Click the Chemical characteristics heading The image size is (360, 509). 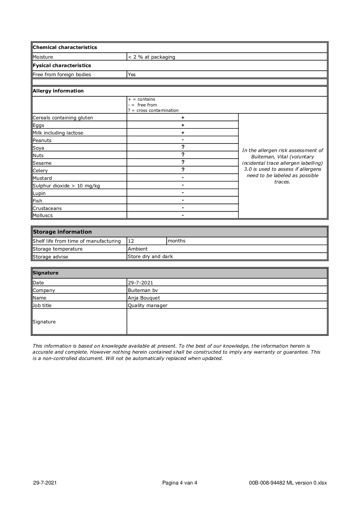click(65, 47)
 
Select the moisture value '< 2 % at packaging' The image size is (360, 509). click(151, 57)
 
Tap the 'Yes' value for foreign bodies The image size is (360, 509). click(132, 75)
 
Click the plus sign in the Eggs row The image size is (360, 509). click(183, 125)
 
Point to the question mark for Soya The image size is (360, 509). click(183, 148)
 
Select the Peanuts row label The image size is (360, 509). click(42, 141)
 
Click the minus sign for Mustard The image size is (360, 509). click(183, 178)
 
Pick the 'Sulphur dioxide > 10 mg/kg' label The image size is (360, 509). click(66, 186)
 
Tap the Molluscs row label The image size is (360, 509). click(43, 216)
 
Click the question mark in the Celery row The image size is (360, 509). click(183, 170)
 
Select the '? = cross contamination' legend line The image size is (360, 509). click(153, 111)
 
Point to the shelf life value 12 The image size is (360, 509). click(131, 241)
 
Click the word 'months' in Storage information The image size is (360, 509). click(177, 241)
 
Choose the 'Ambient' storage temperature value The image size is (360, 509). click(138, 249)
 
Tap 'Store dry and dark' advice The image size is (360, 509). click(150, 257)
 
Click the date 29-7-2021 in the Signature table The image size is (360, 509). click(140, 283)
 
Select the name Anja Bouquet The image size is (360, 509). click(144, 298)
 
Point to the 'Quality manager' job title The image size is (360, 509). click(148, 306)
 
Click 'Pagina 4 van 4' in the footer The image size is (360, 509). click(180, 483)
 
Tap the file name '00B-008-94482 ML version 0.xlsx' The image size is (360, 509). click(288, 483)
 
